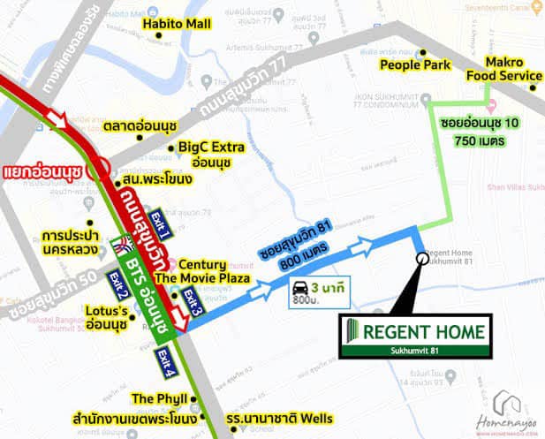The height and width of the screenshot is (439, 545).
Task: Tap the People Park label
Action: pos(415,64)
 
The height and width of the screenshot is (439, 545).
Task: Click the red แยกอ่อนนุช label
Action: pos(43,168)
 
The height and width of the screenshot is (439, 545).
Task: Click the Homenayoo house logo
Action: pos(507,402)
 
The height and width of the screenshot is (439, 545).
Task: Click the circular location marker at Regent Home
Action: pos(420,258)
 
